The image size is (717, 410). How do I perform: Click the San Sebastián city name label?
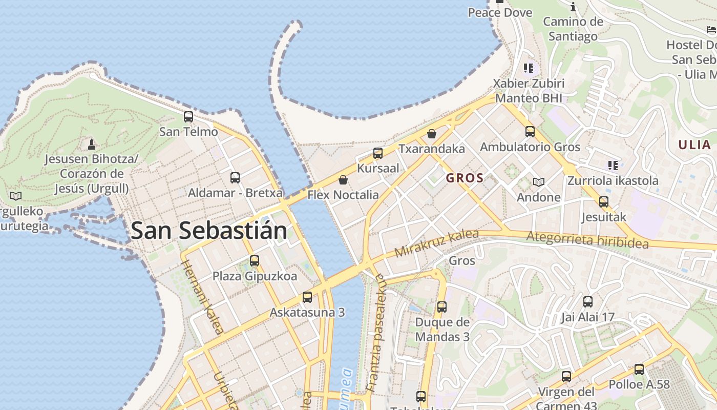click(209, 231)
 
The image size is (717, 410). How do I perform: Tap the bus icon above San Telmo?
click(188, 117)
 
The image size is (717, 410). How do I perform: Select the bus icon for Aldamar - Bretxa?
click(235, 178)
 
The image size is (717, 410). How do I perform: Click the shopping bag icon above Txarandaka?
click(432, 134)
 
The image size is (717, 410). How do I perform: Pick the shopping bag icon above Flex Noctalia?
click(343, 180)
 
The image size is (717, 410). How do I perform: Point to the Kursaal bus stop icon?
click(378, 153)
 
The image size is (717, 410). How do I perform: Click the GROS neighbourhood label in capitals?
click(465, 178)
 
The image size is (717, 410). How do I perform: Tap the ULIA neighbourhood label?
click(694, 145)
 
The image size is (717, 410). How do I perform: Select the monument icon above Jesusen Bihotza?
click(92, 144)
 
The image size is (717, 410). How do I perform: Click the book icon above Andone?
click(538, 182)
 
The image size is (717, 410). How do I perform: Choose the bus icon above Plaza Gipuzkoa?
click(255, 261)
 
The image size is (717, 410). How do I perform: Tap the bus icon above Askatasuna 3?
click(307, 297)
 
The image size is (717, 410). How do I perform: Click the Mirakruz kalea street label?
click(436, 243)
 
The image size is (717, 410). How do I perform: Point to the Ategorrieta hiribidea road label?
click(587, 240)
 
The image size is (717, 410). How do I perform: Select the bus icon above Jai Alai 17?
click(588, 302)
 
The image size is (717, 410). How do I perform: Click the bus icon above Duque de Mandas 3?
click(442, 307)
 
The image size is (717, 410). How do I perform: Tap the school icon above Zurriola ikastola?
click(613, 165)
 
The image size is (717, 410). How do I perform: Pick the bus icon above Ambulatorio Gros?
click(530, 132)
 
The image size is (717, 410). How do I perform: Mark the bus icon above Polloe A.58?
click(639, 369)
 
